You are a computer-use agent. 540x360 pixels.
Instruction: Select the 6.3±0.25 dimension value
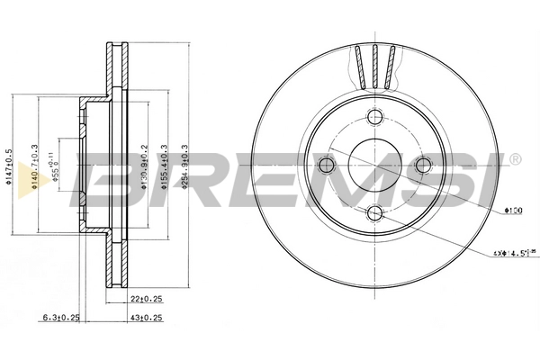click(x=61, y=317)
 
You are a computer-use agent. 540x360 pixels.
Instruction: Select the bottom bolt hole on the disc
click(x=375, y=213)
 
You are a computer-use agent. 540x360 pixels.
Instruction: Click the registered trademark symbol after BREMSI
click(x=514, y=159)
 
